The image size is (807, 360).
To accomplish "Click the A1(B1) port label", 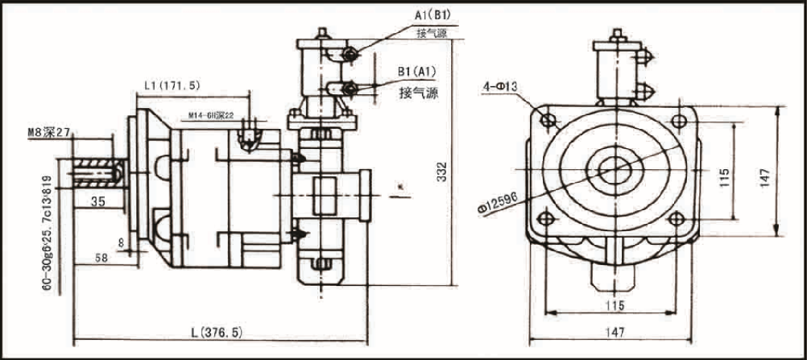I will (x=432, y=15).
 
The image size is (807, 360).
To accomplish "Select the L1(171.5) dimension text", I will (x=172, y=85).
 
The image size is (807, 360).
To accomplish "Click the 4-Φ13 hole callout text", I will (x=500, y=85).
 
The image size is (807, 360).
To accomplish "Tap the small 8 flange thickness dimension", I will (x=120, y=240).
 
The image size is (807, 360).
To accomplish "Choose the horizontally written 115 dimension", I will (x=615, y=305).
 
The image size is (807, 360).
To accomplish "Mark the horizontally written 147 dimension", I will (x=615, y=332).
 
